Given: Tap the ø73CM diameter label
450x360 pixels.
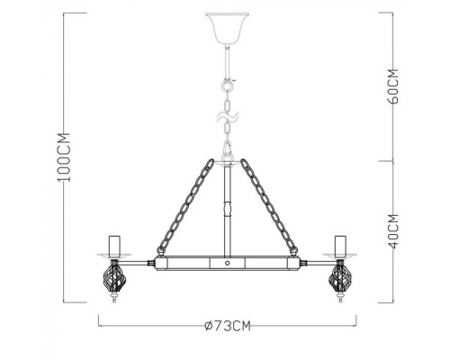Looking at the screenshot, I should [226, 325].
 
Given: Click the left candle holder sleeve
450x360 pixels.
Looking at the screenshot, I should [114, 244].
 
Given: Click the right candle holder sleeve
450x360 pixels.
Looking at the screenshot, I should [339, 244].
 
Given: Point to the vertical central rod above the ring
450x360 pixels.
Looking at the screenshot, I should [226, 211].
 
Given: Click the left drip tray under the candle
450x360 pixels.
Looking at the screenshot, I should [114, 256].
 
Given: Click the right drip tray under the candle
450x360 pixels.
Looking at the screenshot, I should [339, 256].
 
